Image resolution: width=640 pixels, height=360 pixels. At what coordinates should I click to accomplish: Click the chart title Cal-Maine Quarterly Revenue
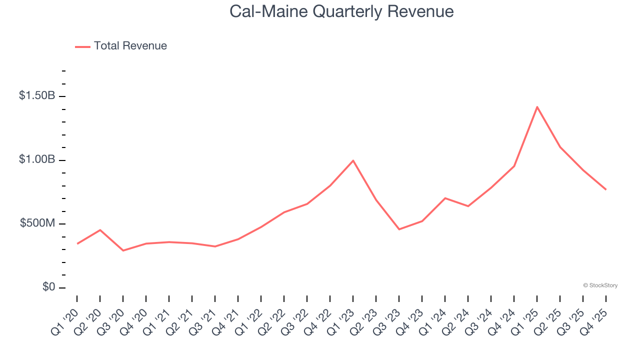click(x=341, y=11)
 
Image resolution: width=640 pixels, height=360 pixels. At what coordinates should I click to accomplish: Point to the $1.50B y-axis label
click(x=37, y=95)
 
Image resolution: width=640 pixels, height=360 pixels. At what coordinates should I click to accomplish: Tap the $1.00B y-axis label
click(x=37, y=159)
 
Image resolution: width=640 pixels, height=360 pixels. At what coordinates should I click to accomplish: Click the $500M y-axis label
click(x=37, y=223)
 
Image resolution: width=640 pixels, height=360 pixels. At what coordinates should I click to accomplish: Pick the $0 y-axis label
click(x=48, y=287)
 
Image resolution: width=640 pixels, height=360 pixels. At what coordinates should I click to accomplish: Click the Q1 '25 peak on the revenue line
click(x=537, y=107)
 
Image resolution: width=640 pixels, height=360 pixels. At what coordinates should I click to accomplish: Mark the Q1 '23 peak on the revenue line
click(x=353, y=160)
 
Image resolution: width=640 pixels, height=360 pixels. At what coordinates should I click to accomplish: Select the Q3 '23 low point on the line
click(x=399, y=229)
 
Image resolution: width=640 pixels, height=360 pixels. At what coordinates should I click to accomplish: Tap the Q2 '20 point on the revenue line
click(x=100, y=230)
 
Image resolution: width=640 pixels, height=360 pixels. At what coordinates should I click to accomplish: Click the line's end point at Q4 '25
click(x=606, y=189)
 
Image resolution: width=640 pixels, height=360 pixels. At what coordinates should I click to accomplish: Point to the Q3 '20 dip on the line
click(x=123, y=250)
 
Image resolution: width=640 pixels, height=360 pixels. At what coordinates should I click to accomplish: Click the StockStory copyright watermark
click(x=600, y=285)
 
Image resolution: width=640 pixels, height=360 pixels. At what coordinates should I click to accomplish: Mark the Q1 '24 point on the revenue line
click(x=445, y=198)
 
